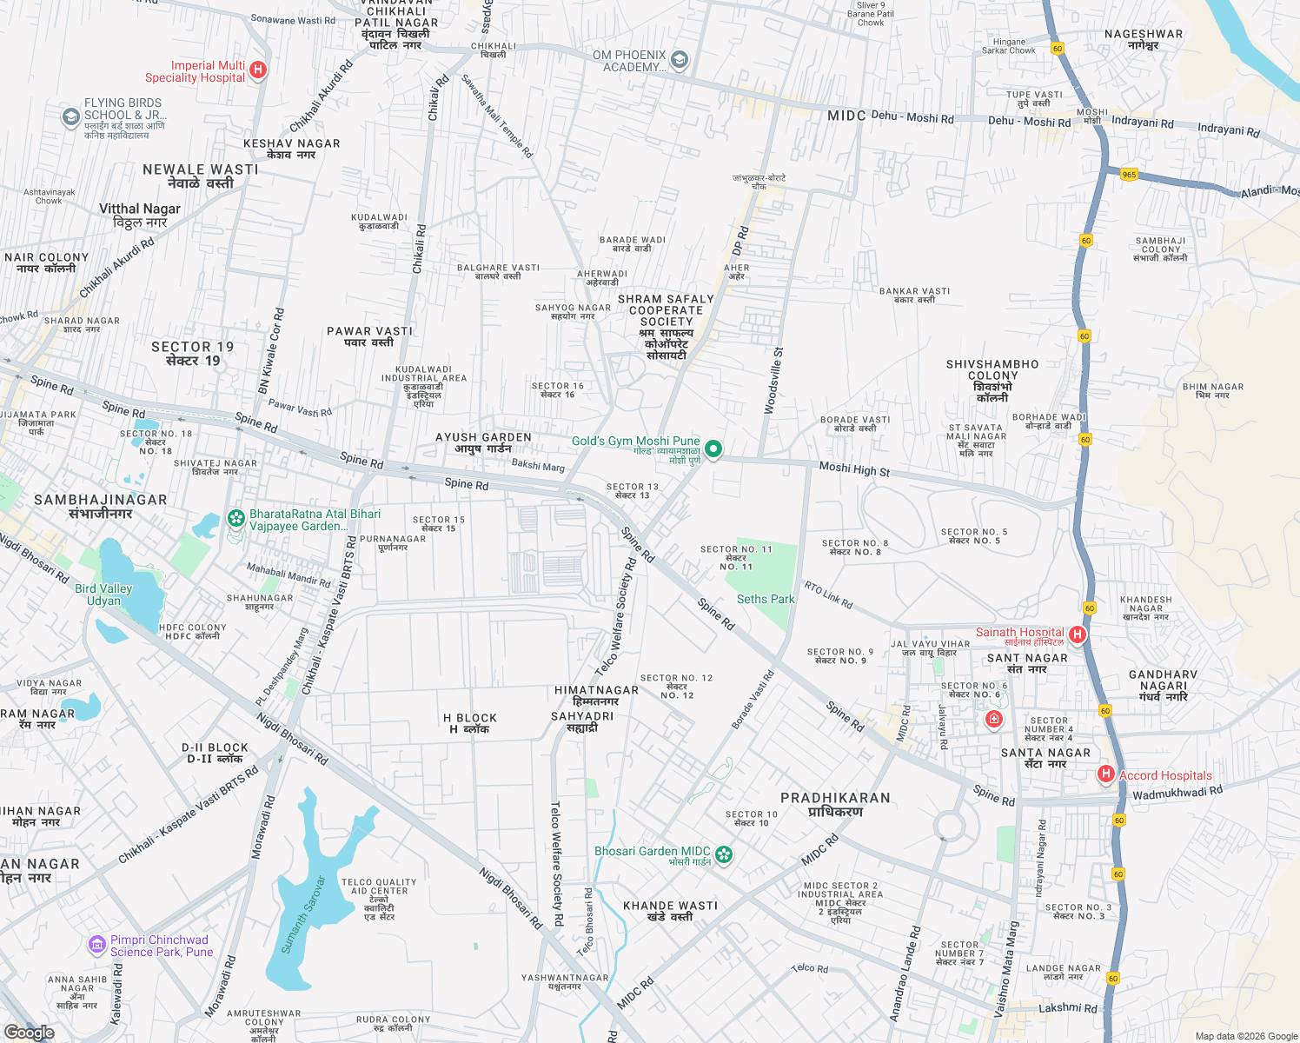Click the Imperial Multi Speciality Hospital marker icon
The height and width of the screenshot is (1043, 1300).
[x=257, y=70]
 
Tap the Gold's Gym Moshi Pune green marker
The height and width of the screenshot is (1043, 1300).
[x=713, y=449]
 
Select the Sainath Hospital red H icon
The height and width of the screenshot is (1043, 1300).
[x=1078, y=634]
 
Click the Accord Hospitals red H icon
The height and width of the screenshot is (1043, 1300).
[x=1105, y=774]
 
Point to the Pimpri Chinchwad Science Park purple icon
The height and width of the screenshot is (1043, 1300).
[x=97, y=944]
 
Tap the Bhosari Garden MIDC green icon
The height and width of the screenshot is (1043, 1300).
[x=724, y=854]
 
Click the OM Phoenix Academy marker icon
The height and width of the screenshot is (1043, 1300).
[x=680, y=60]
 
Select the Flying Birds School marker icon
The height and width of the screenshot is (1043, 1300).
[x=71, y=116]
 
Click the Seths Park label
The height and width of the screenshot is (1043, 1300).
[x=766, y=599]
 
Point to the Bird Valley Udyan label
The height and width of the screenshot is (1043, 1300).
[x=103, y=595]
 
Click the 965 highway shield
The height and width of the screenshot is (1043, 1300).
[x=1129, y=175]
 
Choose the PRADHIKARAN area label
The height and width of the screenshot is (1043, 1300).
[x=835, y=804]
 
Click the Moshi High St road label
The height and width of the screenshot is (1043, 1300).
[x=854, y=469]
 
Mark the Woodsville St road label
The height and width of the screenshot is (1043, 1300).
[x=773, y=381]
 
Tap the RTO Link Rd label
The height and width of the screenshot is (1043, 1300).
[x=828, y=595]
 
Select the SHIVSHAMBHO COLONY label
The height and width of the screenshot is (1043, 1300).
[x=992, y=381]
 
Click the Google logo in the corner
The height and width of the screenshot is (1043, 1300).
[x=30, y=1032]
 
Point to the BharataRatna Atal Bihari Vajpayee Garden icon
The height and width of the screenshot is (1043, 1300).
[x=235, y=519]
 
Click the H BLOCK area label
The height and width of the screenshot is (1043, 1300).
[x=470, y=723]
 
